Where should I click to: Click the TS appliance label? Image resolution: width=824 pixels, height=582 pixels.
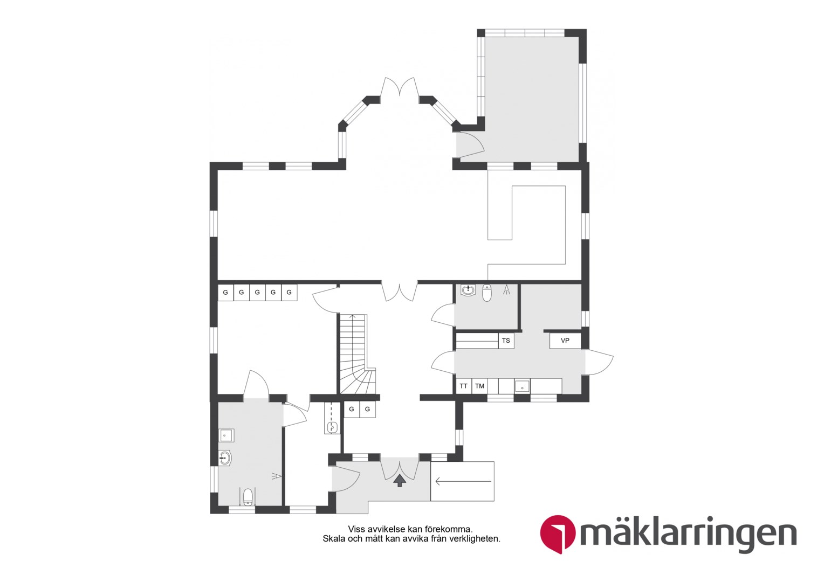tap(506, 341)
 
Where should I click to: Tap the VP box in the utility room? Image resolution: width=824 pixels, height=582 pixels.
tap(565, 341)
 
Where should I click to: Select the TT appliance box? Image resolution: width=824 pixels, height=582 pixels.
tap(464, 386)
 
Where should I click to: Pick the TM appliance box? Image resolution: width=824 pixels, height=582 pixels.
tap(480, 386)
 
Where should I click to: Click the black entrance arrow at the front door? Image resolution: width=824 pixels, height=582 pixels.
tap(399, 481)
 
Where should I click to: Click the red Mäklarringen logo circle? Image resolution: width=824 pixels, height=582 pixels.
tap(558, 533)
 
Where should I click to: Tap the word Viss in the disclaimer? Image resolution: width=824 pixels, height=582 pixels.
tap(356, 529)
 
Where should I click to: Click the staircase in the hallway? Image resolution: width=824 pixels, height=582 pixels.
tap(357, 354)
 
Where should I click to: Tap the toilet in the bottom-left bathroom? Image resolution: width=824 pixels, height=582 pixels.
tap(248, 497)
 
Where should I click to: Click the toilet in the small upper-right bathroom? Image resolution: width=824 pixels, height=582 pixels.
tap(486, 293)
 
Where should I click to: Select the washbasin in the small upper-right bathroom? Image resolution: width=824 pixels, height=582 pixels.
tap(468, 290)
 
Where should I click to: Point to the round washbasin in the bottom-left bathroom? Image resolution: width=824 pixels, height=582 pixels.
tap(224, 459)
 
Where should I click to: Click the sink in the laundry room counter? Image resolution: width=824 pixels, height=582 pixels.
tap(522, 386)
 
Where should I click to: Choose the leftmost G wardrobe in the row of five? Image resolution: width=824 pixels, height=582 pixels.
tap(225, 293)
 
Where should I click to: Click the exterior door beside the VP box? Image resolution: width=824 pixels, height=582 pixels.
tap(599, 362)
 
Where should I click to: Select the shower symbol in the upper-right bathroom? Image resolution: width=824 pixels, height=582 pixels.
tap(507, 289)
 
